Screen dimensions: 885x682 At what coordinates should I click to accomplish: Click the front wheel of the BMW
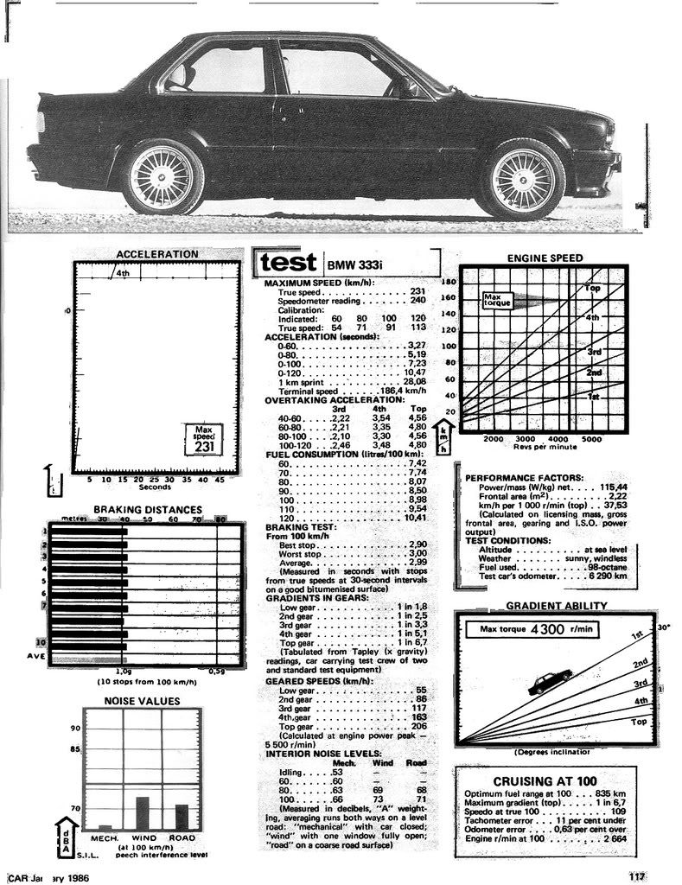(523, 179)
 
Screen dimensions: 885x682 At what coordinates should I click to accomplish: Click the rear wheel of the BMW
(162, 177)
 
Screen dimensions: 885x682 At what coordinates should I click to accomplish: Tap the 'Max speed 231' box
(204, 438)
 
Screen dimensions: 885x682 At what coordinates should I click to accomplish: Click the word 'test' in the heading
(288, 261)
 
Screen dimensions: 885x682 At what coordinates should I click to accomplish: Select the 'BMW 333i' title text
(354, 264)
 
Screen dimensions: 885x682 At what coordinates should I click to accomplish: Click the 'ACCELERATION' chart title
(156, 254)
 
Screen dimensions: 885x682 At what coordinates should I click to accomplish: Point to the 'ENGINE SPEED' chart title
(545, 258)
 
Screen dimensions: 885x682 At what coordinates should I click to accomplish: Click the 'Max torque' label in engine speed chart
(497, 301)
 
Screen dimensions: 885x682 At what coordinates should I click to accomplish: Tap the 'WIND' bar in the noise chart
(143, 812)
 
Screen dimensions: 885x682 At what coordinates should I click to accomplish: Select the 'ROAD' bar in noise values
(182, 817)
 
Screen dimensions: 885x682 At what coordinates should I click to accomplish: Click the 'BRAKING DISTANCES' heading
(147, 510)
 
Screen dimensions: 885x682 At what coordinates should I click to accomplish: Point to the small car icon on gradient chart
(550, 682)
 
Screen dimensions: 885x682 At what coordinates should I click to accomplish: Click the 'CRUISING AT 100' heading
(545, 780)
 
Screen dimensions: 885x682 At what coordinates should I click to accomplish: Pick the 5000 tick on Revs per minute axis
(590, 439)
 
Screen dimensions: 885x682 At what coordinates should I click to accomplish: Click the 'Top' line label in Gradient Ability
(639, 721)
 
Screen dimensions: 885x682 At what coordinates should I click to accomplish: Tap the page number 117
(637, 876)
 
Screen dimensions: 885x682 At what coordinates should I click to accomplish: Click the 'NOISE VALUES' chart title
(142, 701)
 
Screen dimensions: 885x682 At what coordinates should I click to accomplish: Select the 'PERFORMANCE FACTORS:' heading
(524, 477)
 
